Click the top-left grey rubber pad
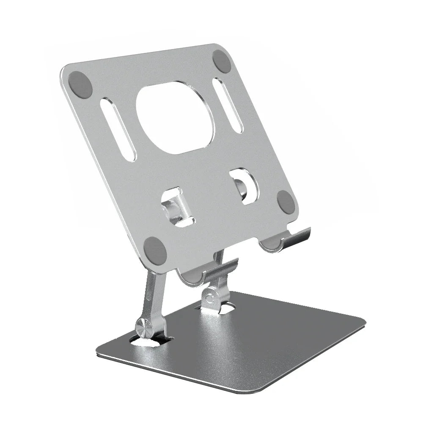coord(80,85)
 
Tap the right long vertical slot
coord(228,105)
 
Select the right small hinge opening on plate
coord(244,186)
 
